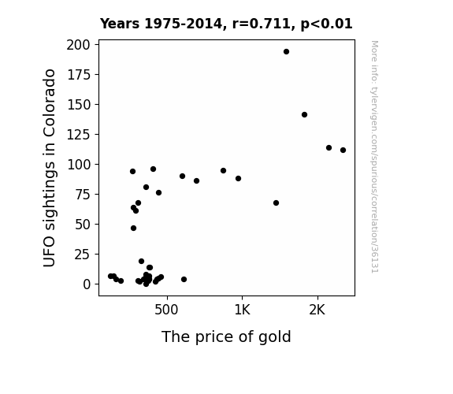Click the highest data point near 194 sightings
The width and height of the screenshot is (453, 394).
pos(286,52)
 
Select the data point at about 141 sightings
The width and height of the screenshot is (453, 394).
pos(304,115)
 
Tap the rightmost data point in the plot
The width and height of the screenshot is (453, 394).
pos(343,151)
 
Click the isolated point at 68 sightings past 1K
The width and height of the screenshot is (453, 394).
pos(276,203)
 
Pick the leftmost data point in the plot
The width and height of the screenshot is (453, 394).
pos(110,277)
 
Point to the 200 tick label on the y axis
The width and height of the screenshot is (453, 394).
pos(78,45)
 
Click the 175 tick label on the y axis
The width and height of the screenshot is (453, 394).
pos(79,75)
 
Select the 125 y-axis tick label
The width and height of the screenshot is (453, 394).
pos(79,135)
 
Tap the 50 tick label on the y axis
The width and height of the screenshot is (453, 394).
pos(83,225)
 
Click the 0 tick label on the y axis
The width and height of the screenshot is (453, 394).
pos(87,284)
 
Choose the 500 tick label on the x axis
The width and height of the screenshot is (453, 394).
pos(166,310)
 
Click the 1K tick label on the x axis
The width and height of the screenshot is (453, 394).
pos(242,310)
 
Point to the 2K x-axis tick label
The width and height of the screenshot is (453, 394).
pos(317,310)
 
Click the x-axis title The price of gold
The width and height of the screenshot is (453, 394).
pos(226,337)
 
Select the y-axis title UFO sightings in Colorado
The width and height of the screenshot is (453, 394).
pos(50,168)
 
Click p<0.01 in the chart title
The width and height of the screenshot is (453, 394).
pos(326,24)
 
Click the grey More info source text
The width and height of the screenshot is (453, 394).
pos(375,157)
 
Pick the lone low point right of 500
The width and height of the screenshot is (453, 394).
pos(184,279)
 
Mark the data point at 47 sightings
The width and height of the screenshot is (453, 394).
pos(133,229)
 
